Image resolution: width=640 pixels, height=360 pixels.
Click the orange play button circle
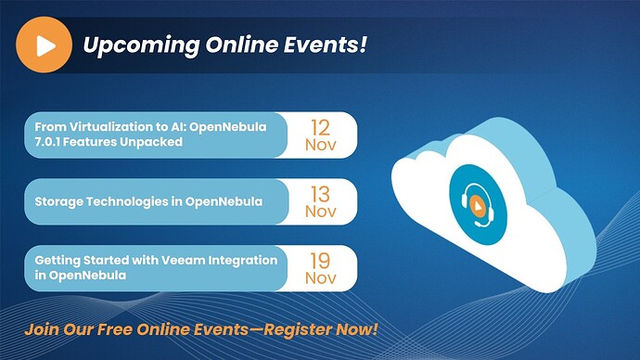pyautogui.click(x=45, y=45)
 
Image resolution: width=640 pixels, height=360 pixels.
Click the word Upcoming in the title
pyautogui.click(x=141, y=45)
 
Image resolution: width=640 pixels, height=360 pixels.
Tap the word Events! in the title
pyautogui.click(x=326, y=45)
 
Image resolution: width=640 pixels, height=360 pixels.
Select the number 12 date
pyautogui.click(x=320, y=128)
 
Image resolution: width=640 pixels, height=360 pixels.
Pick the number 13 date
pyautogui.click(x=320, y=194)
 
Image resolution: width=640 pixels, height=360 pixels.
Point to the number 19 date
pyautogui.click(x=320, y=261)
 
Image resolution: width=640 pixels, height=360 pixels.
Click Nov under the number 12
pyautogui.click(x=321, y=145)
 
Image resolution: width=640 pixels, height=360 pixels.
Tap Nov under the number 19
pyautogui.click(x=321, y=278)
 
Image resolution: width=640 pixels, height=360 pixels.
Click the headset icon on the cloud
pyautogui.click(x=478, y=205)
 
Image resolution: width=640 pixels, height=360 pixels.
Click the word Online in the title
pyautogui.click(x=242, y=45)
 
